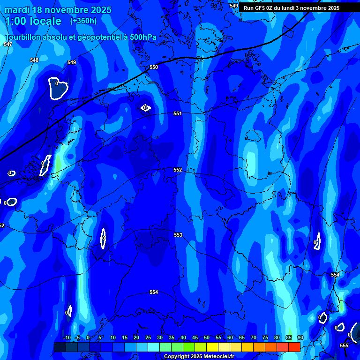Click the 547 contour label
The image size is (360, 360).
pyautogui.click(x=7, y=44)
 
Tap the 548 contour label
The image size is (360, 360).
pyautogui.click(x=34, y=60)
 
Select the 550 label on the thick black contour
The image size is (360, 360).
pyautogui.click(x=154, y=67)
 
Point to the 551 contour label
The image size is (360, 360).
pyautogui.click(x=178, y=113)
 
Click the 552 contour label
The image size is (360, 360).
pyautogui.click(x=178, y=170)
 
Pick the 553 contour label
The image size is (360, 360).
pyautogui.click(x=178, y=235)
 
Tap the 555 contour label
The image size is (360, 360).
pyautogui.click(x=344, y=345)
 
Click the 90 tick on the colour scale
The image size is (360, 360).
pyautogui.click(x=300, y=337)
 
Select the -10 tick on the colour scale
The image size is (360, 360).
pyautogui.click(x=67, y=337)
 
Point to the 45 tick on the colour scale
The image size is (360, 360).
pyautogui.click(x=195, y=337)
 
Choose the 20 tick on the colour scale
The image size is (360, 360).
pyautogui.click(x=136, y=337)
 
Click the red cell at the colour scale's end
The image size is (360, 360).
pyautogui.click(x=294, y=347)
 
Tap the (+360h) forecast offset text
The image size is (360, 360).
pyautogui.click(x=83, y=21)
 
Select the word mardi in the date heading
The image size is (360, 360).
pyautogui.click(x=17, y=10)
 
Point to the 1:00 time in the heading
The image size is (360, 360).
pyautogui.click(x=17, y=21)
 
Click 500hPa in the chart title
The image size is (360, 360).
pyautogui.click(x=139, y=37)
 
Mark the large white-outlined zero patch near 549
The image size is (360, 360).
pyautogui.click(x=58, y=88)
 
